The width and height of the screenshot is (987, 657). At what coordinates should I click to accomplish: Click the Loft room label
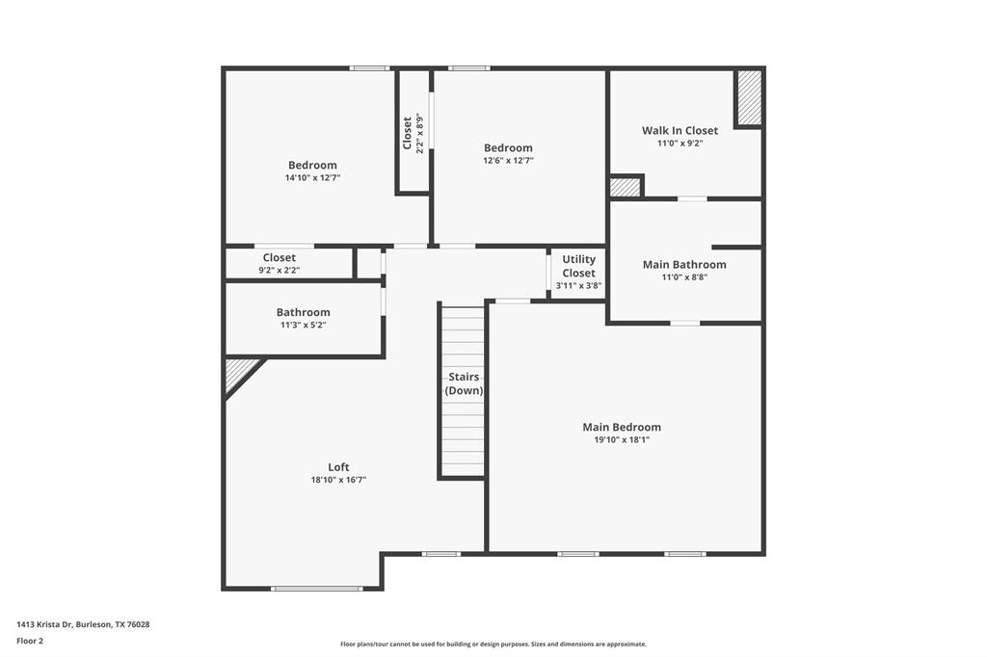point(338,467)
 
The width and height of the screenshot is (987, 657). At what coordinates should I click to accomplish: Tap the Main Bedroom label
point(622,427)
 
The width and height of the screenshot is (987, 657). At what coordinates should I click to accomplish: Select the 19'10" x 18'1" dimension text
point(622,440)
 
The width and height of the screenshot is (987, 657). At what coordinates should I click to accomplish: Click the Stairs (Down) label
point(464,383)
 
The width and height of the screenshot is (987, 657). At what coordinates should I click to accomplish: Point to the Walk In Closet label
point(680,130)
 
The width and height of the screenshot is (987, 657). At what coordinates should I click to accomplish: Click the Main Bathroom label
point(684,264)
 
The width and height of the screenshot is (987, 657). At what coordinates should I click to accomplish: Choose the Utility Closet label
point(578,266)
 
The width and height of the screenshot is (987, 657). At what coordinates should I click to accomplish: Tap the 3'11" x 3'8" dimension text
point(578,286)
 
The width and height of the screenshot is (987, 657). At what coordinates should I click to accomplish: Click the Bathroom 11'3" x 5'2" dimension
point(303,326)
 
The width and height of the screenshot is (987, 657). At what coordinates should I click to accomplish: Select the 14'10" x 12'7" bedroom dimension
point(312,178)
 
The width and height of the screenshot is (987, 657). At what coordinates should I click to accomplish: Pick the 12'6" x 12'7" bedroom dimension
point(508,161)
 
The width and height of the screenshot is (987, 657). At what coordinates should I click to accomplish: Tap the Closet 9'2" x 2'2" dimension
point(279,271)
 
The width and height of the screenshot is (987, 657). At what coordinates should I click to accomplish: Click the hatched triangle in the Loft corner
point(238,372)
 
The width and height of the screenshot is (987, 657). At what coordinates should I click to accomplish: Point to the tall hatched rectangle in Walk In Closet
point(749,97)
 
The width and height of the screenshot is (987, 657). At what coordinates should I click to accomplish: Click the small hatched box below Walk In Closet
point(625,187)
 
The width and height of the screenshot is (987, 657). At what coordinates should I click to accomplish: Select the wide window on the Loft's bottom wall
point(316,588)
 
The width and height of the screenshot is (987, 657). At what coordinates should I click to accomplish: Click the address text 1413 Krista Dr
point(83,624)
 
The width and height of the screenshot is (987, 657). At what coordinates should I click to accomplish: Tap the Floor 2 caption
point(30,640)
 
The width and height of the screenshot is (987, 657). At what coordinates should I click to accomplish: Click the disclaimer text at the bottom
point(493,644)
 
